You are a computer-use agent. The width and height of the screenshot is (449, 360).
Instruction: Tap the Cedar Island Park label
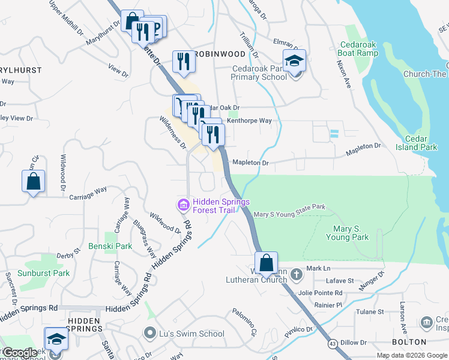[x=417, y=143]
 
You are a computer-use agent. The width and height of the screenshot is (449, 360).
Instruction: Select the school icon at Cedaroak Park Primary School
[x=294, y=62]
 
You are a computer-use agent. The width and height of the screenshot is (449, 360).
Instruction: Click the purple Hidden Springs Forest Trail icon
[x=182, y=205]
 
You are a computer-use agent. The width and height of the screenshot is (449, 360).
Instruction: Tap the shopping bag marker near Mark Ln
[x=266, y=263]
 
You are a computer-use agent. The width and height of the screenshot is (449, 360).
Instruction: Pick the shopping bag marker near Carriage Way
[x=34, y=182]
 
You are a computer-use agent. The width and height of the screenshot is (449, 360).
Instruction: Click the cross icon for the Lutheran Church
[x=296, y=275]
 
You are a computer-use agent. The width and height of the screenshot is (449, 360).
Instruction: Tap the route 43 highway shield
[x=332, y=343]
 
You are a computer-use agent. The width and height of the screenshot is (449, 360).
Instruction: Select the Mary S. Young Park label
[x=347, y=233]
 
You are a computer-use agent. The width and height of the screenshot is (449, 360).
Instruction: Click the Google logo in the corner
[x=20, y=352]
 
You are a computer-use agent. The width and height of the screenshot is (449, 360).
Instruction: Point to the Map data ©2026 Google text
[x=412, y=355]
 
